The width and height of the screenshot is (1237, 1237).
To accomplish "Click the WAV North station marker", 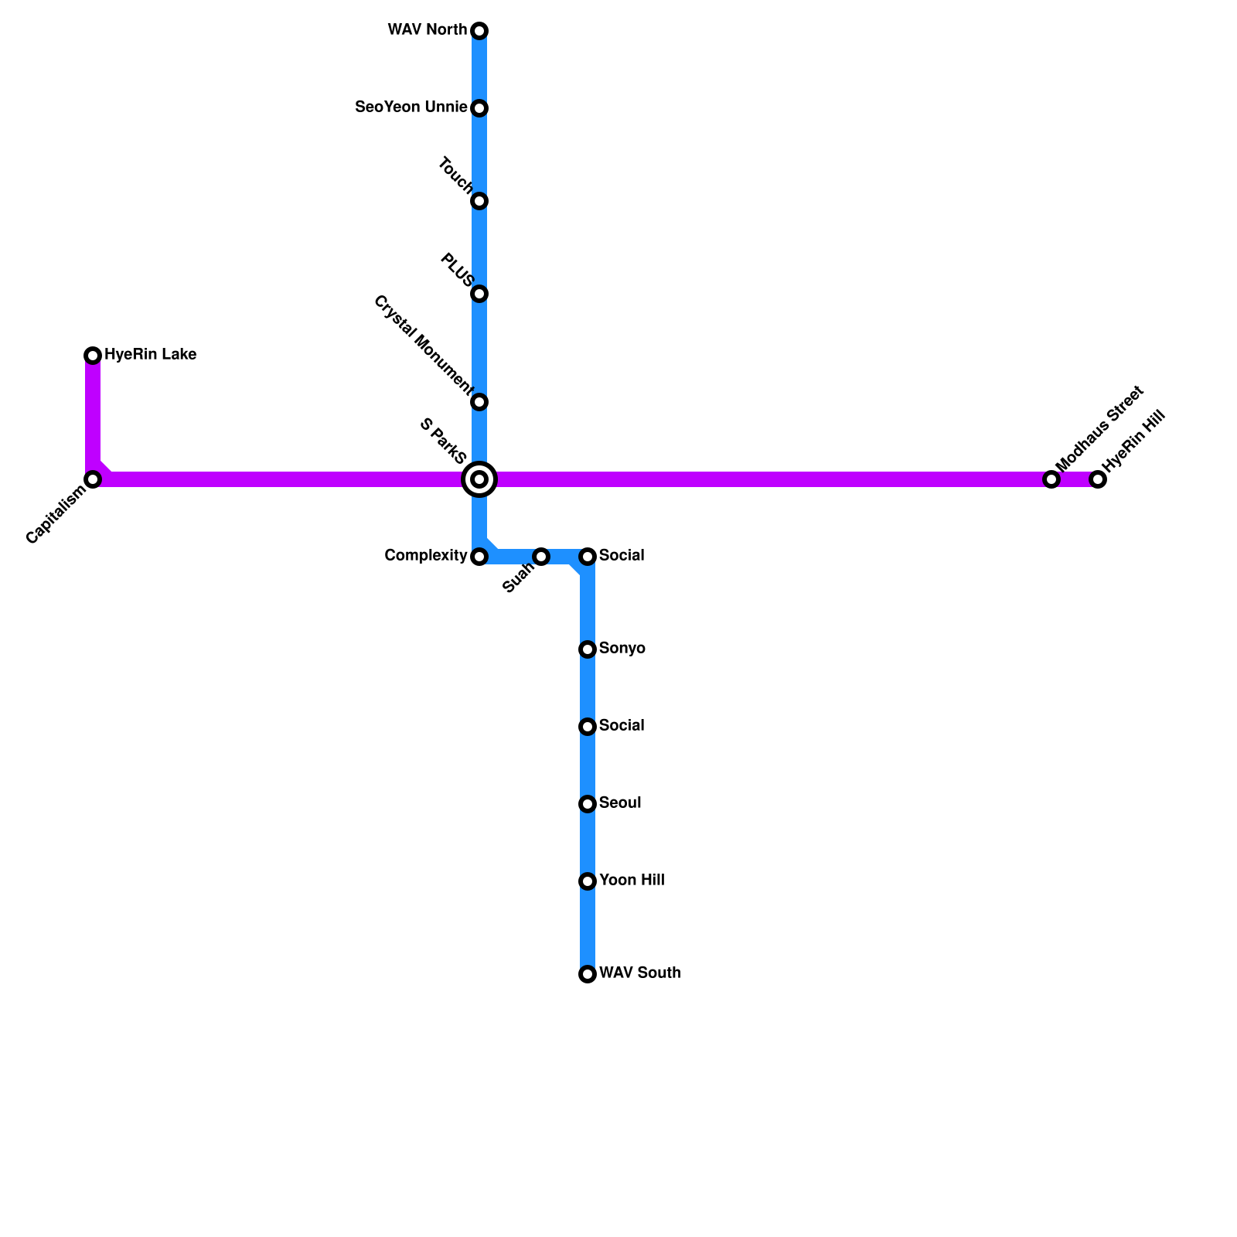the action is tap(479, 31).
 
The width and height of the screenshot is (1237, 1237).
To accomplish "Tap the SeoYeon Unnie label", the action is tap(411, 107).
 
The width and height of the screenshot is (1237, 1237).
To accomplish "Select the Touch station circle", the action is tap(479, 201).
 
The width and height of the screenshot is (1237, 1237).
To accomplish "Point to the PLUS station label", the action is tap(456, 269).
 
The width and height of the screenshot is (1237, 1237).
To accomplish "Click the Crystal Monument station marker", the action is tap(479, 402).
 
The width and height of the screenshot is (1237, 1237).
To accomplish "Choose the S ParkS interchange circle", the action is tap(479, 479).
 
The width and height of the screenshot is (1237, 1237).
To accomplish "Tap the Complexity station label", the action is tap(425, 556).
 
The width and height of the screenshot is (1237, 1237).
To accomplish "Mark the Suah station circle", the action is tap(541, 557).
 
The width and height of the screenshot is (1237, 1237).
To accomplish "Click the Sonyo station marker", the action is tap(588, 649).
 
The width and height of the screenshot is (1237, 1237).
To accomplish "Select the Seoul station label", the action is tap(620, 803).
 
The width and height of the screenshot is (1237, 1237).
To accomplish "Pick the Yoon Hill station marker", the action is tap(588, 881).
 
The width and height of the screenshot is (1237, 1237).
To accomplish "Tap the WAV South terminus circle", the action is tap(588, 974).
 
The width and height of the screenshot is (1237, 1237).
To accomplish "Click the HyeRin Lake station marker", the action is tap(93, 356).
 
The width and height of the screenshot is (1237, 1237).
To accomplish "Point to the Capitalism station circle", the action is tap(93, 479).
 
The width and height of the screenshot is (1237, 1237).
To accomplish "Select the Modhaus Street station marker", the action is tap(1051, 479).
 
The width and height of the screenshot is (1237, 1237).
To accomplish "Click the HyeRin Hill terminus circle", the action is tap(1098, 479).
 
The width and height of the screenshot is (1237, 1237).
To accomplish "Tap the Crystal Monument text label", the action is tap(422, 342).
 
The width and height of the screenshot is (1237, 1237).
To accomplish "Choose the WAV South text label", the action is tap(639, 973).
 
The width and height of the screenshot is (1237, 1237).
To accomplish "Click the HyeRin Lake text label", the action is tap(150, 355).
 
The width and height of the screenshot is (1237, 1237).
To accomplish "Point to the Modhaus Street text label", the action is tap(1099, 428).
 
